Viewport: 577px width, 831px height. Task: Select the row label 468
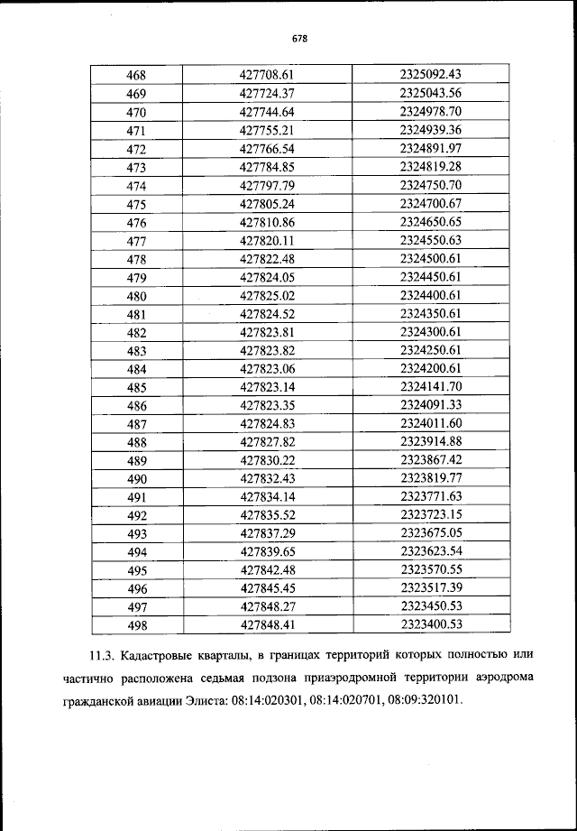137,75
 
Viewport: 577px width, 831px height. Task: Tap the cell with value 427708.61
268,75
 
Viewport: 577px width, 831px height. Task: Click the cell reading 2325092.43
430,75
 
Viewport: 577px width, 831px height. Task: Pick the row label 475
137,204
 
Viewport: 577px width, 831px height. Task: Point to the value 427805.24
268,204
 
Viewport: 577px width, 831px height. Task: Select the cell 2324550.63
430,241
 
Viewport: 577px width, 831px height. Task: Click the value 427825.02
268,296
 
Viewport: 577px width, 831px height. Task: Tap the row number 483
137,351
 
